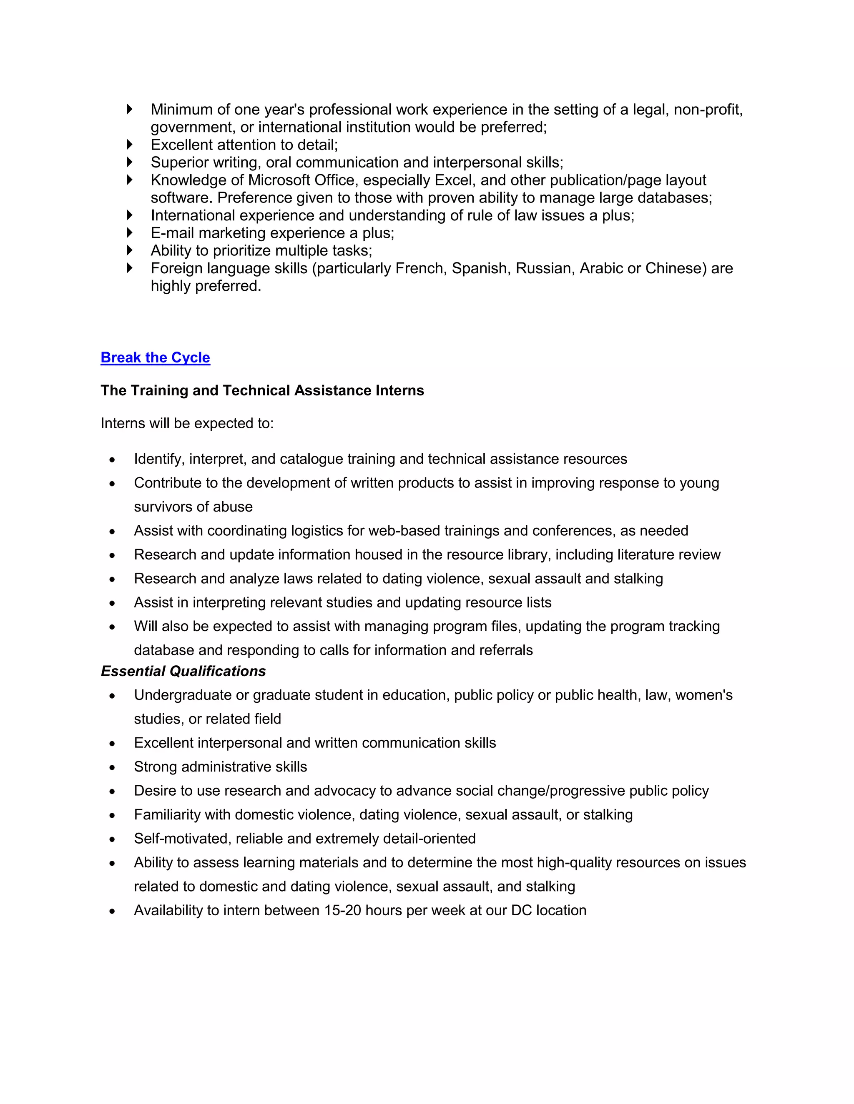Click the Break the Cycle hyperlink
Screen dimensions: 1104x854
(155, 357)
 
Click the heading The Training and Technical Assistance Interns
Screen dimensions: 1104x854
(262, 390)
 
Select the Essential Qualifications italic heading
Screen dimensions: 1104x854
(183, 671)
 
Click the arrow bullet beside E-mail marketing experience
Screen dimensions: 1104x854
(130, 232)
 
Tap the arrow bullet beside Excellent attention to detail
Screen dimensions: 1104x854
(130, 145)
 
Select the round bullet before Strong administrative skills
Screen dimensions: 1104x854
(112, 767)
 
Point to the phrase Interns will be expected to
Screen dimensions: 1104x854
(187, 423)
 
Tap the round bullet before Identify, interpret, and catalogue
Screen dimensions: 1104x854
(112, 460)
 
